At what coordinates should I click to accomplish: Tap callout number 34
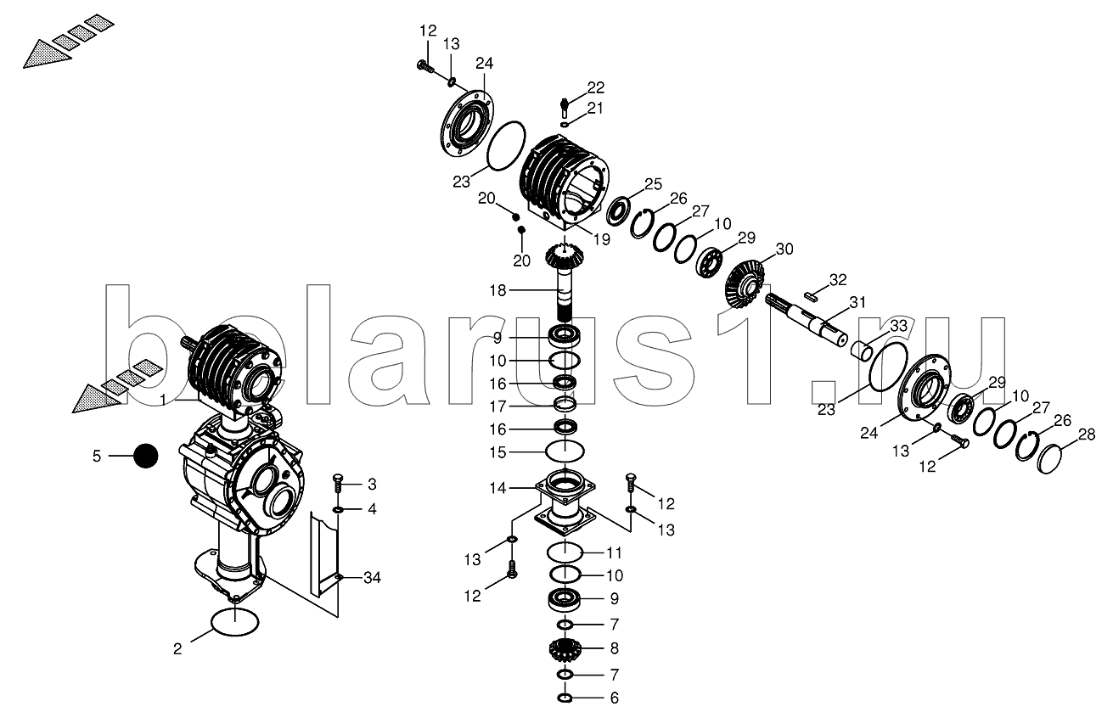point(371,578)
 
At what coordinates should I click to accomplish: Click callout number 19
point(601,239)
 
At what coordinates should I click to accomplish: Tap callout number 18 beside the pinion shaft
point(497,290)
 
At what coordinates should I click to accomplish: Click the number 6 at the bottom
point(614,698)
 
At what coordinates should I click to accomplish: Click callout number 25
point(652,184)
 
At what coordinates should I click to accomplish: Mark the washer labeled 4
point(338,509)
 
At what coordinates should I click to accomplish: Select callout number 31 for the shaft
point(858,302)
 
